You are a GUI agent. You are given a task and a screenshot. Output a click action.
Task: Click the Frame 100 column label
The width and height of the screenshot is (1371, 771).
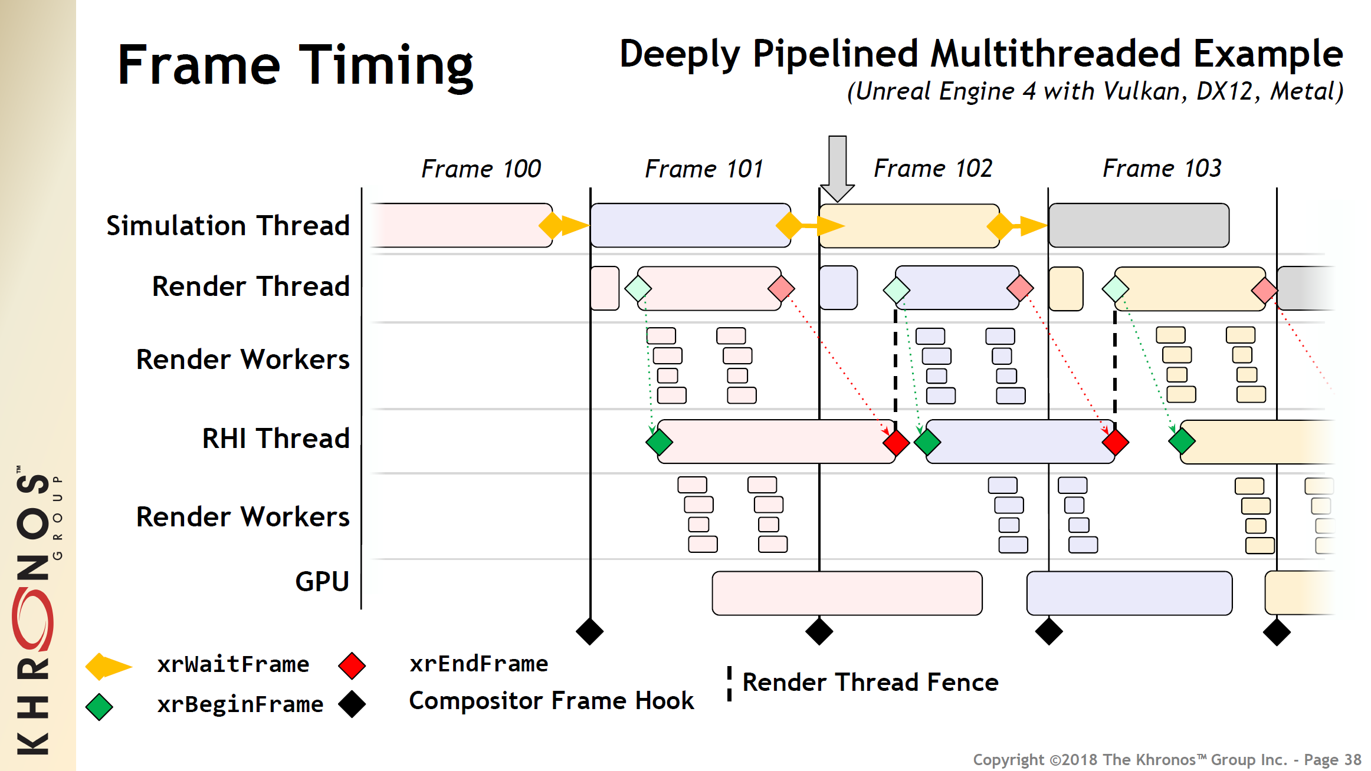(481, 169)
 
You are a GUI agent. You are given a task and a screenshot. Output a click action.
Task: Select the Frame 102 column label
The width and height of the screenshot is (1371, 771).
(933, 169)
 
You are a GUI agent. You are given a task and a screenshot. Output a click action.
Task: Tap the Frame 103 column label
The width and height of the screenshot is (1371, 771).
(1162, 169)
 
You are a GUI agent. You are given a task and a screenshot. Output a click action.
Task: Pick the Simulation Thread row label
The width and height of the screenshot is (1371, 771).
(228, 226)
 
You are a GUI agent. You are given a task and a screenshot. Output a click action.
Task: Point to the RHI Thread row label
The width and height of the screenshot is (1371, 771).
(276, 439)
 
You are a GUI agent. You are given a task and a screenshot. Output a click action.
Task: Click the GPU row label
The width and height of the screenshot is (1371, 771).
(322, 582)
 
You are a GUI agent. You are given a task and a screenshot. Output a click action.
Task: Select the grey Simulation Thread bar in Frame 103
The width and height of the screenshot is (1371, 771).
(1139, 225)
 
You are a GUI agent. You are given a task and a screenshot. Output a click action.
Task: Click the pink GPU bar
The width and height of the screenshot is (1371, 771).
(847, 593)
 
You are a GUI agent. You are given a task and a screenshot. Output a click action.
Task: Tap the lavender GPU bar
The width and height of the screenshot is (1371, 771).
(1129, 593)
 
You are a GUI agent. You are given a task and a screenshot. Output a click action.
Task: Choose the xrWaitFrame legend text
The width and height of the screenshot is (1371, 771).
(233, 664)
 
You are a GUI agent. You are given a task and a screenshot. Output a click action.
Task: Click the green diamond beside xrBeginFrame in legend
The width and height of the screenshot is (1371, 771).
(99, 707)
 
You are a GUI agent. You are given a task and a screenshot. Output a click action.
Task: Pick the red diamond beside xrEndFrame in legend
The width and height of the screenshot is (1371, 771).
(352, 665)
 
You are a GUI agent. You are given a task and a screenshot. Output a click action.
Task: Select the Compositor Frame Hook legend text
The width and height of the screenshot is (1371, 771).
(551, 701)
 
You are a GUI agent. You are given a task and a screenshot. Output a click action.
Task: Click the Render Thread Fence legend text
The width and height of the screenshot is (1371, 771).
(870, 683)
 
